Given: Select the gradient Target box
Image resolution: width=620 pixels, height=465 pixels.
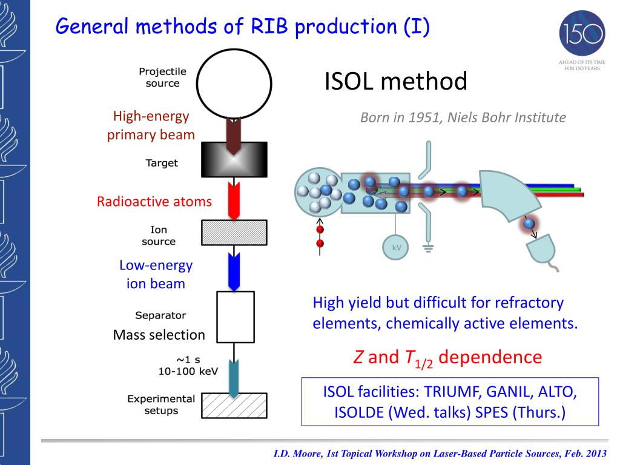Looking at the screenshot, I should [234, 160].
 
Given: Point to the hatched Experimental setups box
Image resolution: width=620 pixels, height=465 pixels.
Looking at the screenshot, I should [234, 405].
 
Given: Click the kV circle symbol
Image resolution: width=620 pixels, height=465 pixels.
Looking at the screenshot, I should [397, 247].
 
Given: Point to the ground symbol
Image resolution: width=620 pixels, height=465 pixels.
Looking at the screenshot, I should [428, 247].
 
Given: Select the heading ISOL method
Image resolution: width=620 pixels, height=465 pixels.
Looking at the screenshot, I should [396, 81].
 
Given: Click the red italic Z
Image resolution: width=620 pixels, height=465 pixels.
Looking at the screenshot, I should [358, 357].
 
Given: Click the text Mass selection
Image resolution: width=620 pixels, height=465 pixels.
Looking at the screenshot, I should [159, 335].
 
